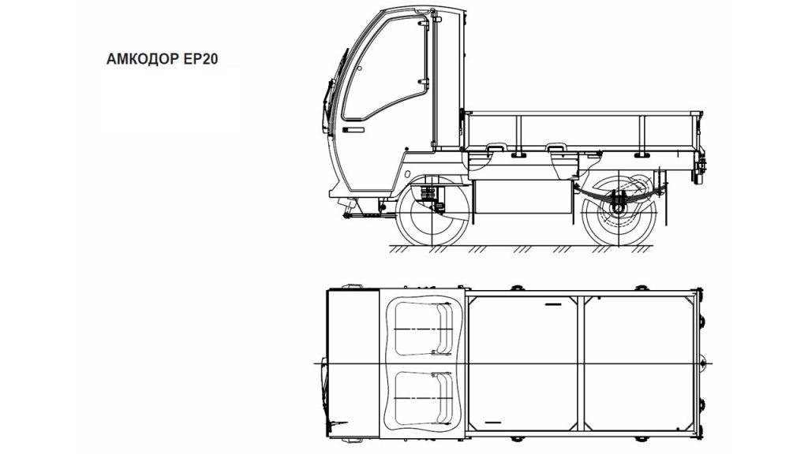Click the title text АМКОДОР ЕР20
[x=162, y=58]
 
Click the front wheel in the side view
[x=432, y=210]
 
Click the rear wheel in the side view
[x=619, y=210]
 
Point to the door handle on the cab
[x=353, y=130]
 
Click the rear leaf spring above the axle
[x=619, y=193]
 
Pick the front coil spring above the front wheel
[x=428, y=195]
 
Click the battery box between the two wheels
[x=524, y=196]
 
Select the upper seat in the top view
[x=423, y=329]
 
